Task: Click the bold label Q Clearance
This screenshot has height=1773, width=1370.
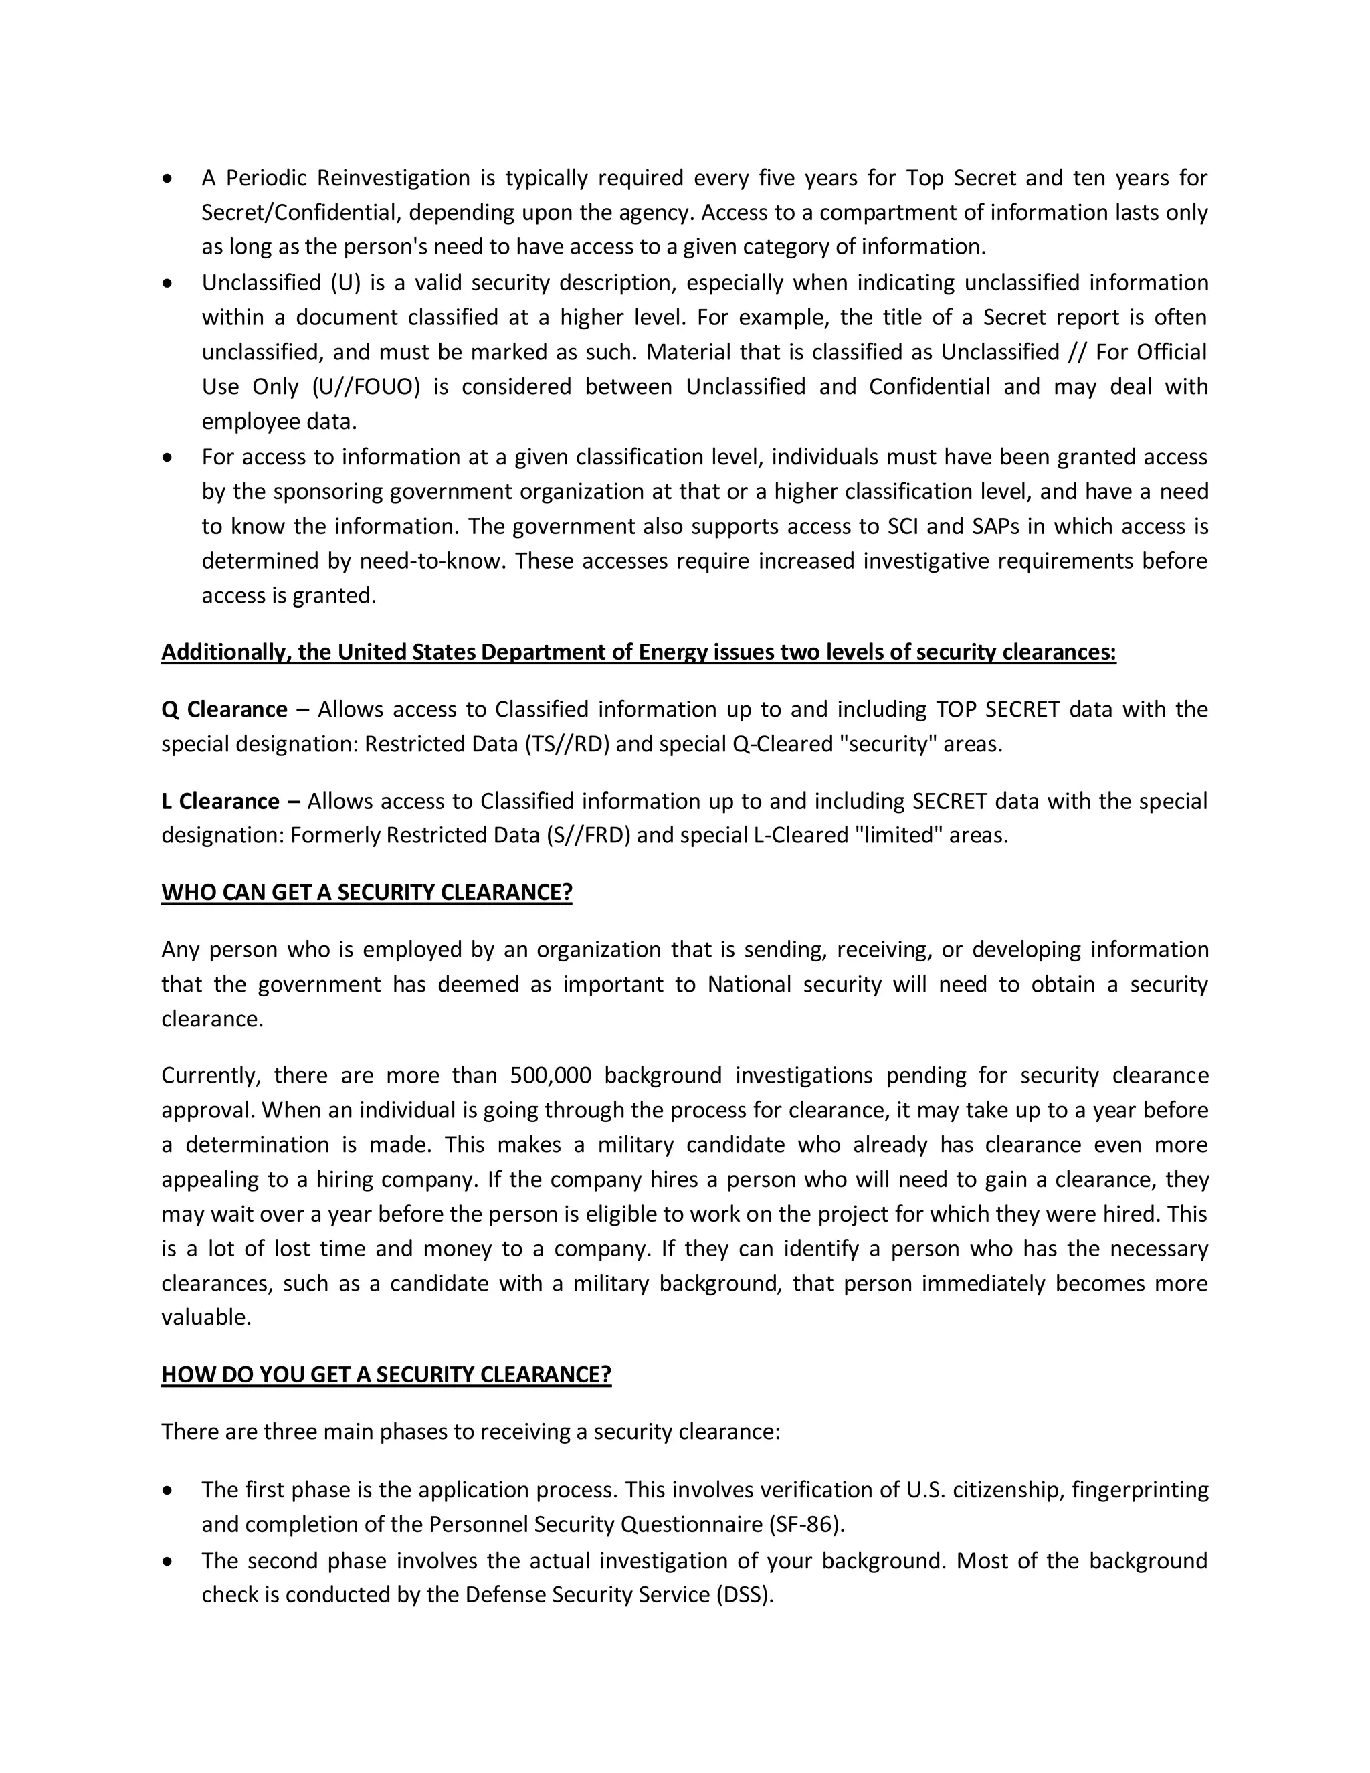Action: tap(224, 709)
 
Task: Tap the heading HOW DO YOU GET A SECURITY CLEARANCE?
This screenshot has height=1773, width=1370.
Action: tap(387, 1374)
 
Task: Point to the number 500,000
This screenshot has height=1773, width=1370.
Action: tap(551, 1076)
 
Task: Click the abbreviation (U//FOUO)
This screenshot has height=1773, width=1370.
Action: tap(366, 387)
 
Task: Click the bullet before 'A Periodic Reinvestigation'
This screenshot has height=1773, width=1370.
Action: tap(168, 179)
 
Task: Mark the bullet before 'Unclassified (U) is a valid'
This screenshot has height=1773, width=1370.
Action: tap(168, 283)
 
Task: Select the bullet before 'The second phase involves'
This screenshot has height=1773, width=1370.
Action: tap(168, 1561)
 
